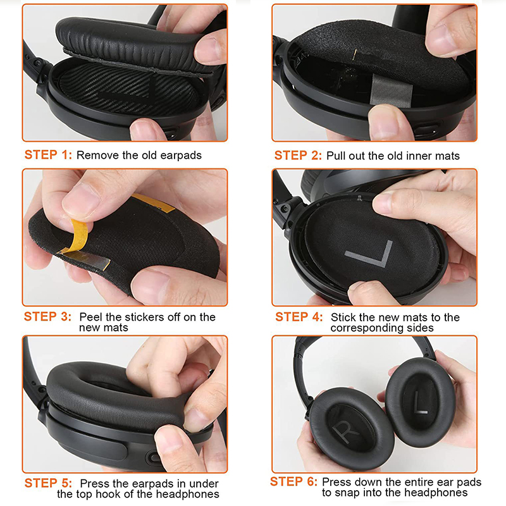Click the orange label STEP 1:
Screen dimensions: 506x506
click(48, 155)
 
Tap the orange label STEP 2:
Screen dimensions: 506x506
click(298, 156)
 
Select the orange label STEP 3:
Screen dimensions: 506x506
click(47, 317)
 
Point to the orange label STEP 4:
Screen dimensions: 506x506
click(299, 317)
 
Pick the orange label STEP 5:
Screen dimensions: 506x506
click(48, 483)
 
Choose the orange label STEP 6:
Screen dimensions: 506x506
click(293, 481)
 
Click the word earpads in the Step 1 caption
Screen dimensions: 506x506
click(181, 156)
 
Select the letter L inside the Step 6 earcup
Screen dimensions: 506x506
click(419, 402)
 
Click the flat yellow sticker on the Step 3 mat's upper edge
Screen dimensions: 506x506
click(153, 203)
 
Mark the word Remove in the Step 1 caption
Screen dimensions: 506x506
click(98, 155)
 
